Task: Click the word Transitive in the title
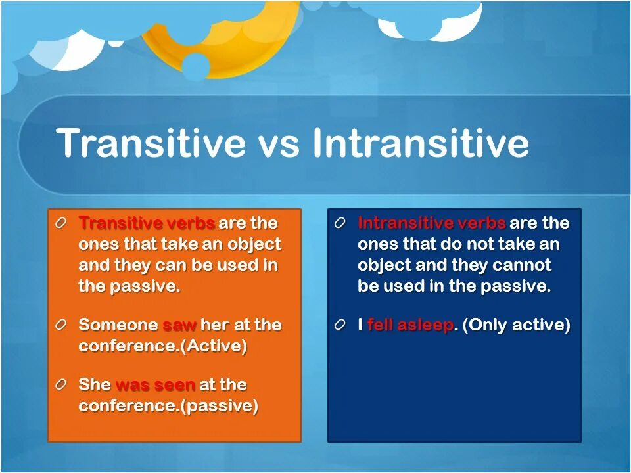[x=151, y=143]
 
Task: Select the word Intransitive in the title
[x=420, y=143]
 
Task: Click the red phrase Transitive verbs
[x=147, y=223]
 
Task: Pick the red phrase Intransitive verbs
[x=431, y=223]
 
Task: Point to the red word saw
[x=179, y=325]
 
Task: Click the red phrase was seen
[x=155, y=385]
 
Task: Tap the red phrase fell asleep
[x=410, y=325]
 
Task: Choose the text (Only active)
[x=517, y=325]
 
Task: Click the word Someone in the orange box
[x=118, y=325]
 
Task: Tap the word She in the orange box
[x=95, y=384]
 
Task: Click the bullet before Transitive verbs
[x=60, y=223]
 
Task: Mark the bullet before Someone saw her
[x=60, y=325]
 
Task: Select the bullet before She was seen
[x=60, y=385]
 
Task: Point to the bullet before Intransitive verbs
[x=340, y=223]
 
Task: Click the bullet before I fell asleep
[x=340, y=325]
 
